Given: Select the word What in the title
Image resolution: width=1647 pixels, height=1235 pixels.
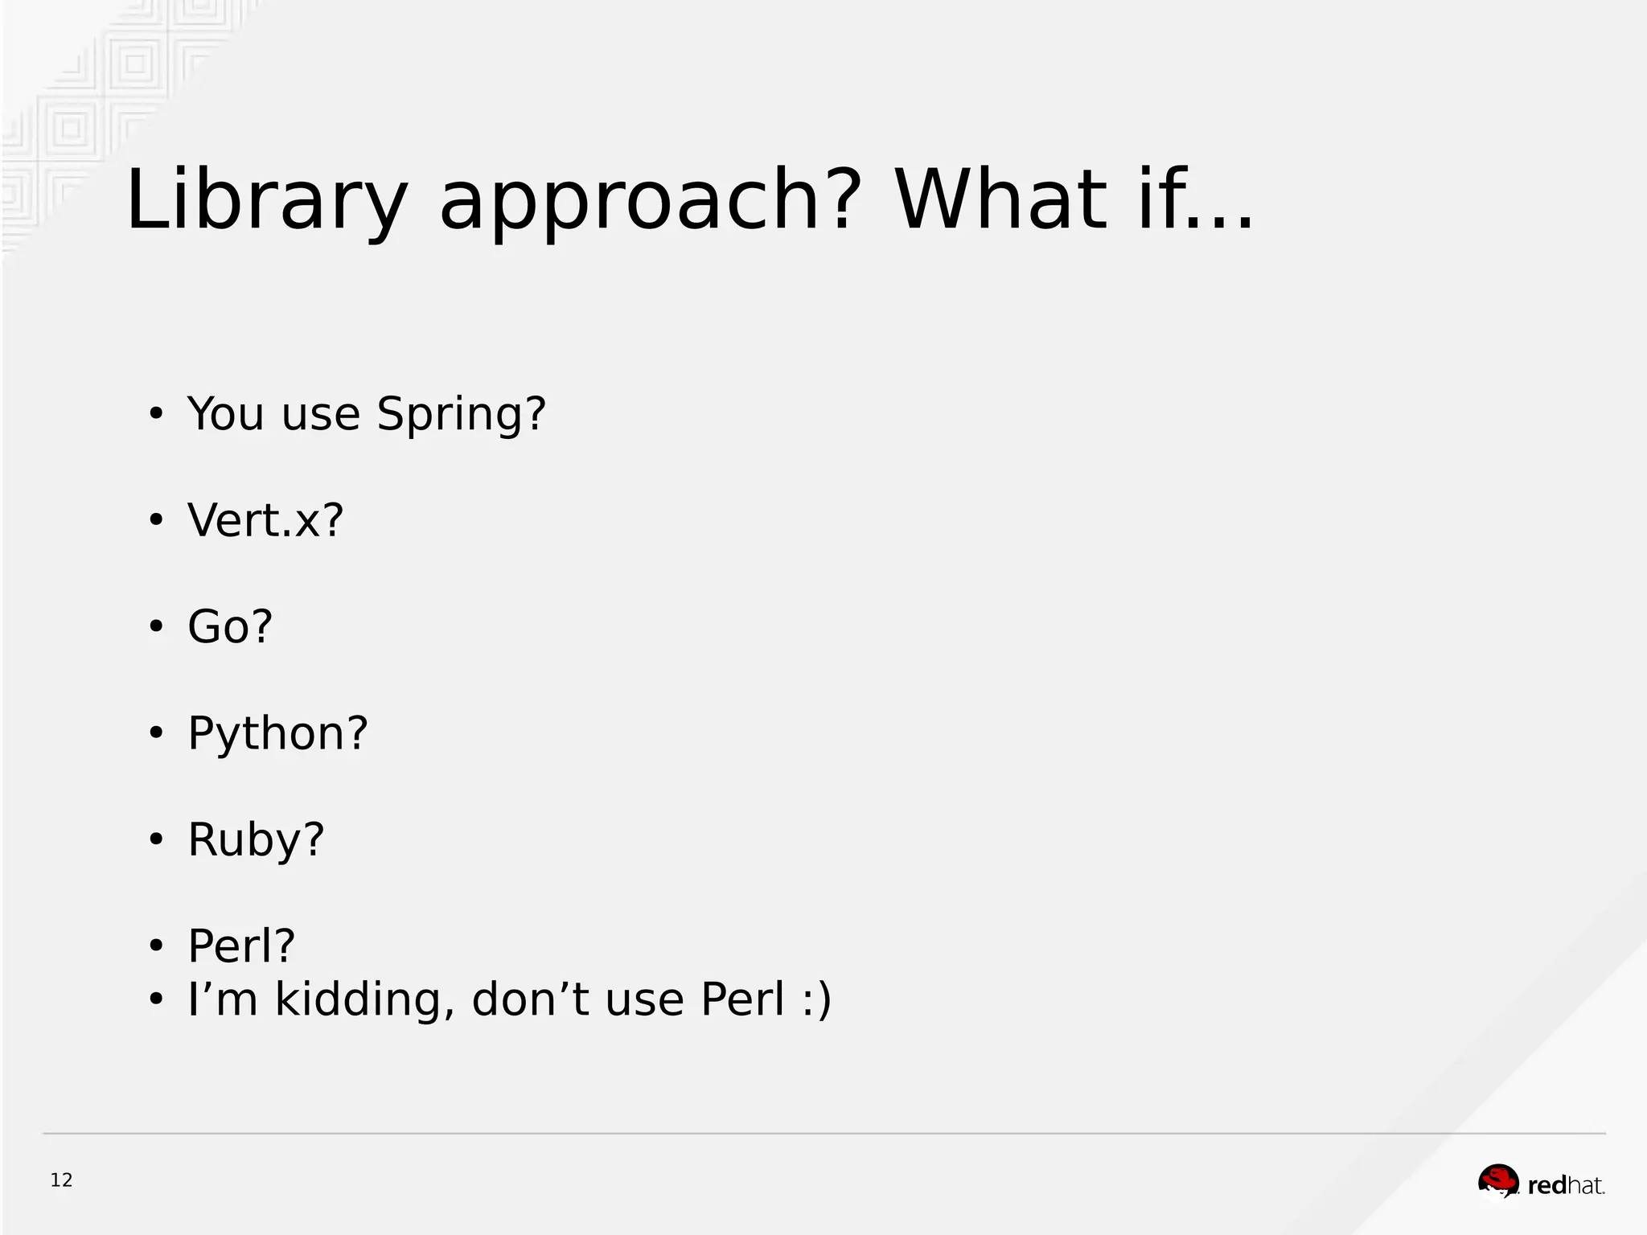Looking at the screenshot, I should click(1002, 200).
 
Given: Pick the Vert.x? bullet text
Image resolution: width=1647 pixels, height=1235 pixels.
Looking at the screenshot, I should click(265, 520).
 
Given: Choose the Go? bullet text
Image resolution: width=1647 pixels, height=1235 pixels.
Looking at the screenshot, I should click(230, 626).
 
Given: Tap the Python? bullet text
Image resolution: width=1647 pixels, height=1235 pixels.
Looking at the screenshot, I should click(277, 733).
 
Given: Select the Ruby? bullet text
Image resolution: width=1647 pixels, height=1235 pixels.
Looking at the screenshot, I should click(256, 839).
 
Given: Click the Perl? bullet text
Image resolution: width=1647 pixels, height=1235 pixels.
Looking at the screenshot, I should click(241, 946).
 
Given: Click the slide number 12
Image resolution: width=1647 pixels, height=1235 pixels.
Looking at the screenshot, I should click(61, 1180).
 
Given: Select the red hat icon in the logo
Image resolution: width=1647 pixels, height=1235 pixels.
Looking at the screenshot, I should click(1498, 1182).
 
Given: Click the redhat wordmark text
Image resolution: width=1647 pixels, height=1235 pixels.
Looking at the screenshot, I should click(1565, 1185).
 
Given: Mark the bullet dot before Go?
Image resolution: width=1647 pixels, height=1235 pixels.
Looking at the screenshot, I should click(156, 627).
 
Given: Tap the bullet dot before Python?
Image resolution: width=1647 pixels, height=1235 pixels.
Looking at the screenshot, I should click(156, 734).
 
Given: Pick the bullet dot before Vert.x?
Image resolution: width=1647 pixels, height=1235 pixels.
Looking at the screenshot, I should click(156, 521).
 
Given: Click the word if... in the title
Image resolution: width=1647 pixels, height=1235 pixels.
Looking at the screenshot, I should click(1195, 200).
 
